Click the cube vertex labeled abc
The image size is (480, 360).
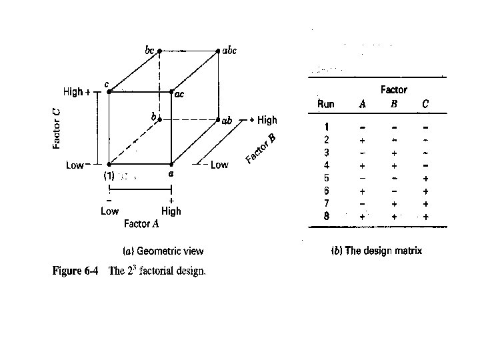click(x=218, y=51)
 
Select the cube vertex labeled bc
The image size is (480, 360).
click(x=159, y=51)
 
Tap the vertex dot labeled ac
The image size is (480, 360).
click(x=171, y=92)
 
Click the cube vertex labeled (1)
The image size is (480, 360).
click(x=109, y=163)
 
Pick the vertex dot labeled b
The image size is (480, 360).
click(x=159, y=121)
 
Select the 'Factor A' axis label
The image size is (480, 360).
click(x=141, y=224)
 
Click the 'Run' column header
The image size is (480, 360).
click(x=326, y=104)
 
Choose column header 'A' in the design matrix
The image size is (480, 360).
click(x=362, y=104)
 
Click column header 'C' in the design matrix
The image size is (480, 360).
click(x=425, y=104)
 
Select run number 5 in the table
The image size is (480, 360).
click(x=326, y=178)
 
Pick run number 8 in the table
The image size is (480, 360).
click(x=326, y=216)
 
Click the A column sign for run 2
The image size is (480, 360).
click(x=362, y=141)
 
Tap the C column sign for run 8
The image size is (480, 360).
click(x=425, y=216)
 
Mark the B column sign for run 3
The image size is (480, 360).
click(x=394, y=153)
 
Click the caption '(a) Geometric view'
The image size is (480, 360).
click(x=163, y=251)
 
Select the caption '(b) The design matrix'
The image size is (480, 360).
click(x=377, y=251)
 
